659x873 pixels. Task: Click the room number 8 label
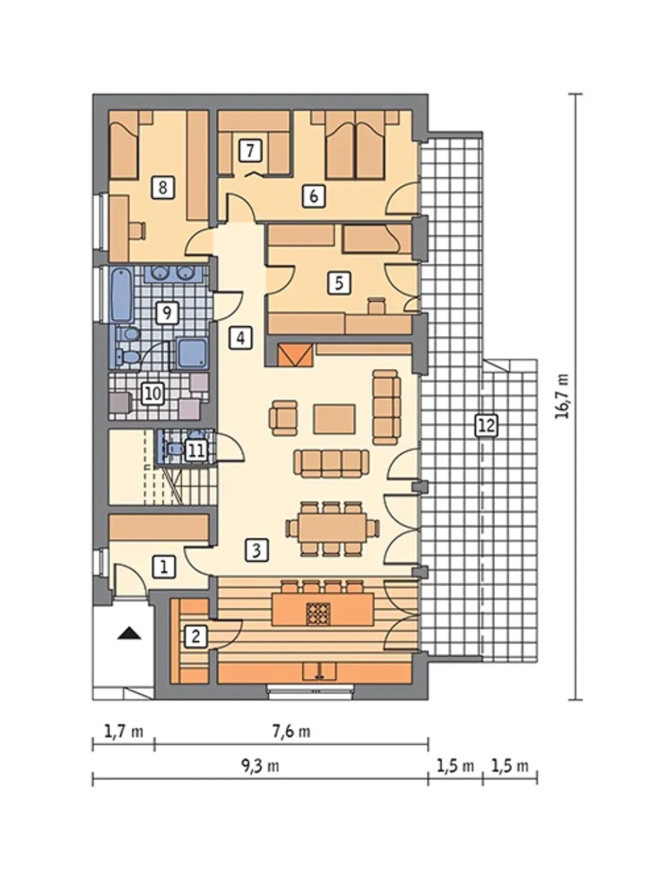163,187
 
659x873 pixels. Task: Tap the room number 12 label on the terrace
487,426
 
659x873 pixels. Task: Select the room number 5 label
339,283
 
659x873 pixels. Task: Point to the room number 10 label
153,394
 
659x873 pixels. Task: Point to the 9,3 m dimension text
260,766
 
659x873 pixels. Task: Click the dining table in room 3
334,528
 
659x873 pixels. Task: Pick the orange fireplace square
295,355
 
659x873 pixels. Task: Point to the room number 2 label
196,637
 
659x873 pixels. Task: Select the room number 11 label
196,451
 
